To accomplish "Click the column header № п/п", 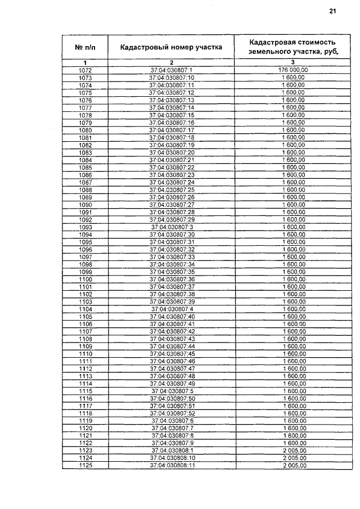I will pyautogui.click(x=85, y=47).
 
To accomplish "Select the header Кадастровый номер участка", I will pyautogui.click(x=171, y=47).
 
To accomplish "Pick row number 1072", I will pyautogui.click(x=85, y=70).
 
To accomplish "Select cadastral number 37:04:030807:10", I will pyautogui.click(x=172, y=78).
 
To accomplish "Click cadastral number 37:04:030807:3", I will pyautogui.click(x=172, y=227).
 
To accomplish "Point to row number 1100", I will pyautogui.click(x=85, y=279).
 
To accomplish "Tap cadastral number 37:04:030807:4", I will pyautogui.click(x=172, y=309).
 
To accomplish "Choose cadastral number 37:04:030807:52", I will pyautogui.click(x=172, y=413).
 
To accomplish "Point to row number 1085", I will pyautogui.click(x=85, y=167).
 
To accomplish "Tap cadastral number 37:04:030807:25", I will pyautogui.click(x=172, y=190).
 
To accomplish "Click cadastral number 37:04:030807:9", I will pyautogui.click(x=172, y=443).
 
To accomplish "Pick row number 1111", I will pyautogui.click(x=85, y=361).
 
